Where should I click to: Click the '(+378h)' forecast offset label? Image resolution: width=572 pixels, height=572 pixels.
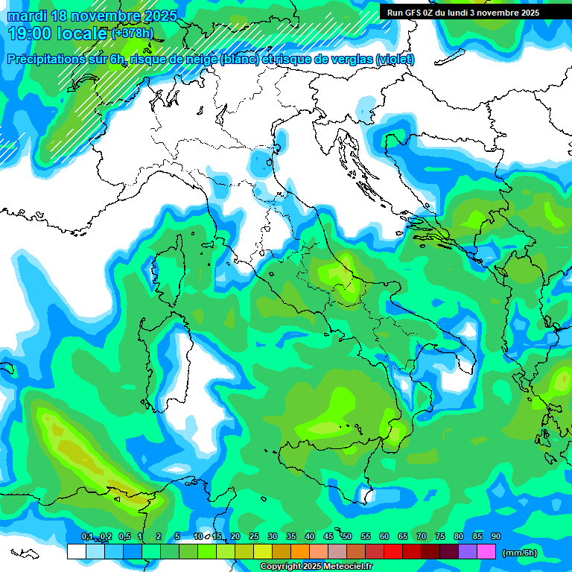133,34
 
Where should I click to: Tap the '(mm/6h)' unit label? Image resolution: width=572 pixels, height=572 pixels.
519,553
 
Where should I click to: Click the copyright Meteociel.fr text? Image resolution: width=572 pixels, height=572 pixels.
316,567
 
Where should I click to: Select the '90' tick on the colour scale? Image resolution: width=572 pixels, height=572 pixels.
495,537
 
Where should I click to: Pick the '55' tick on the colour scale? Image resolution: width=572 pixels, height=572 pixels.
366,537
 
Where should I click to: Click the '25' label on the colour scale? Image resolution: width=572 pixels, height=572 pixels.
254,537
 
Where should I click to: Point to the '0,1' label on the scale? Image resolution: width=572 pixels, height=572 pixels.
87,537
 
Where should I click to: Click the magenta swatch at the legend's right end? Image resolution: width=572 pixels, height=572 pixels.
486,552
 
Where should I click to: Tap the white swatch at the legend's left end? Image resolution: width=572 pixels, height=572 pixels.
76,552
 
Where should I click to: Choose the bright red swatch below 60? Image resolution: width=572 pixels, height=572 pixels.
393,552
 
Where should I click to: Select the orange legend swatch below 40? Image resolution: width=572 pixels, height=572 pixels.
300,552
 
